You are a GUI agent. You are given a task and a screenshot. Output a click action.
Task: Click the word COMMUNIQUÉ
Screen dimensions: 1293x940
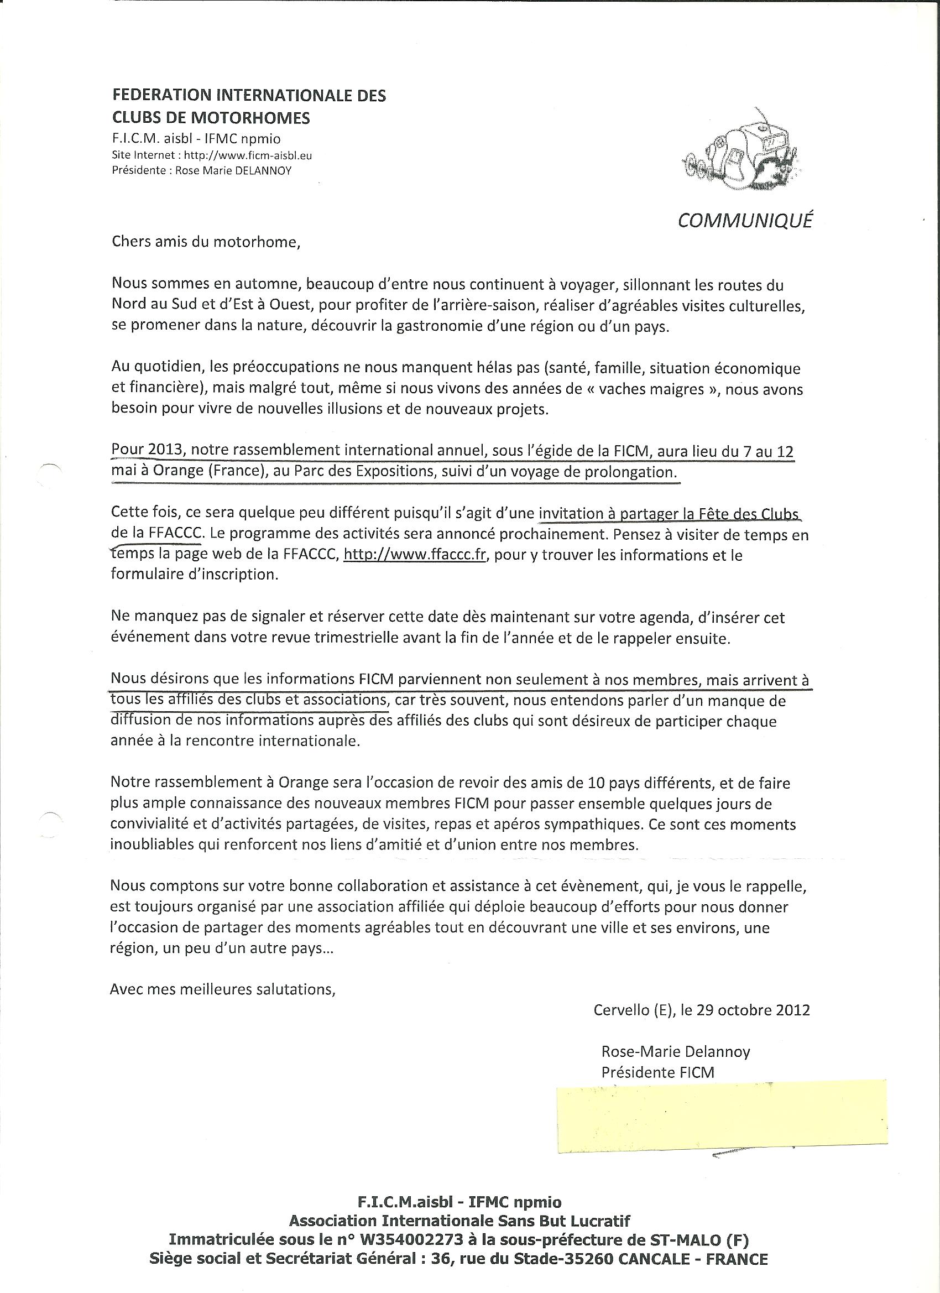[745, 220]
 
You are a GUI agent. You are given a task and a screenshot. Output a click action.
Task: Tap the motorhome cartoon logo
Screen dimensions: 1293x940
[739, 150]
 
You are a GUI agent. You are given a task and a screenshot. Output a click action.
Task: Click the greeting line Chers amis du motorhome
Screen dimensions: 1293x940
[206, 242]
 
